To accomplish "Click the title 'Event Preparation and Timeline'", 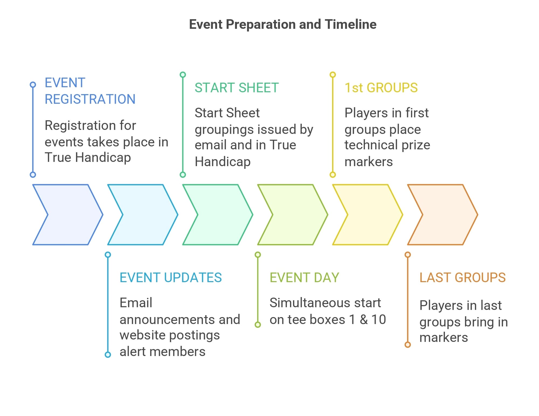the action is pos(283,24).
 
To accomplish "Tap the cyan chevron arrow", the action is pos(143,215).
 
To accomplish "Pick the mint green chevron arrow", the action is pos(218,215).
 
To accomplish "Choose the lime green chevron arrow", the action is pos(293,215).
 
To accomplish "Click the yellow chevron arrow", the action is pos(368,215).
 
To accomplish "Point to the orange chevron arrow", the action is pos(443,215).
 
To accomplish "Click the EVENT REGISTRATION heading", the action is pos(90,91).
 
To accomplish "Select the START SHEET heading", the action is pos(237,88).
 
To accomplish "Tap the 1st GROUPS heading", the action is pos(381,88).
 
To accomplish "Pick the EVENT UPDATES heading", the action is pos(171,278).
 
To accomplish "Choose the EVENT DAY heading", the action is pos(304,278).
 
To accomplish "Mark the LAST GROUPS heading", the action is pos(462,278).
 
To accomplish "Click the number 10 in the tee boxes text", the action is pos(379,319).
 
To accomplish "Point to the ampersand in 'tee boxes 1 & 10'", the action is pos(364,319).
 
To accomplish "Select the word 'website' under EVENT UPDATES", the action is pos(142,335).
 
